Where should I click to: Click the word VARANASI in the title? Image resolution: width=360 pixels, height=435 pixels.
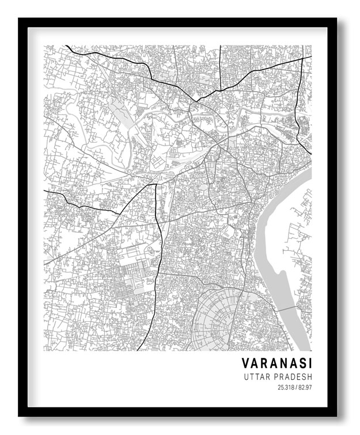pyautogui.click(x=276, y=364)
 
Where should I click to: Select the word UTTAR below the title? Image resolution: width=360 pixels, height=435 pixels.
pyautogui.click(x=257, y=377)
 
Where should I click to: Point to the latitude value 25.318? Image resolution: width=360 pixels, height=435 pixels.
pyautogui.click(x=286, y=388)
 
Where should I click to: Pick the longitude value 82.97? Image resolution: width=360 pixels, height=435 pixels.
pyautogui.click(x=305, y=388)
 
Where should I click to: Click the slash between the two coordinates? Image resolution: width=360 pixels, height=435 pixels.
pyautogui.click(x=295, y=388)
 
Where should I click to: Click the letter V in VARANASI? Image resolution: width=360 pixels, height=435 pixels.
pyautogui.click(x=245, y=364)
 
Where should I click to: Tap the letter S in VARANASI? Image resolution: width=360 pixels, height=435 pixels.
pyautogui.click(x=301, y=364)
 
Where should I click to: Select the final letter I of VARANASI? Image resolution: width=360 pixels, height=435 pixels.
pyautogui.click(x=309, y=364)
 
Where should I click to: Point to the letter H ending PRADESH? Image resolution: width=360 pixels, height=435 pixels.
pyautogui.click(x=309, y=377)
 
